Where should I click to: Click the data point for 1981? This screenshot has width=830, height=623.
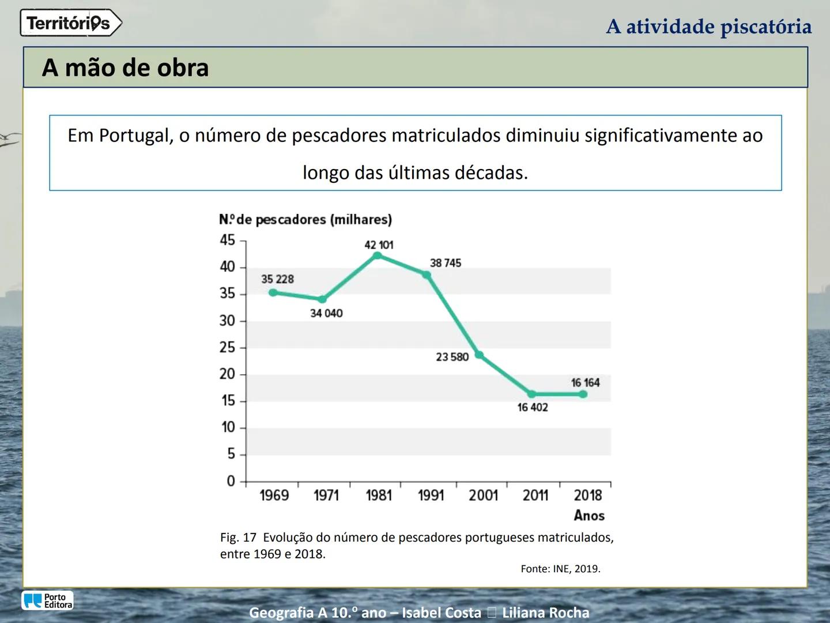[378, 256]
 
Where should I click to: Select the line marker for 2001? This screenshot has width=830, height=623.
[479, 355]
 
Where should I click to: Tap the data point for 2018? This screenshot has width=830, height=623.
[583, 394]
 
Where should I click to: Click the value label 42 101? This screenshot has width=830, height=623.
[379, 245]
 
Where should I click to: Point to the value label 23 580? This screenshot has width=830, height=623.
[452, 357]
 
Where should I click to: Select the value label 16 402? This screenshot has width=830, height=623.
[533, 407]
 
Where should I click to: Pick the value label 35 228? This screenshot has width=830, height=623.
[277, 279]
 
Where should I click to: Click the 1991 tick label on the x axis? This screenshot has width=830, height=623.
[431, 496]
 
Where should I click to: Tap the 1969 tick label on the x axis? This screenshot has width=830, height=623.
[274, 496]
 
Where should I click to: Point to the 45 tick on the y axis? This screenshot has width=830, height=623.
[228, 240]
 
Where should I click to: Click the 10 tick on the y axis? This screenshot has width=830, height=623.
[228, 427]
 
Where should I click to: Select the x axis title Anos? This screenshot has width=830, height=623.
[589, 516]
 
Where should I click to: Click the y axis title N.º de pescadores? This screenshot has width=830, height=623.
[305, 220]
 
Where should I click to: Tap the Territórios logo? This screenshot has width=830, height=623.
[70, 23]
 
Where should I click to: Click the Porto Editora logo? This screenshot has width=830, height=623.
[48, 601]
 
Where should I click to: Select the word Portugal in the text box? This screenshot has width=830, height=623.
[135, 136]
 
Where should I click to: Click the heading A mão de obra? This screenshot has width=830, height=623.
[125, 67]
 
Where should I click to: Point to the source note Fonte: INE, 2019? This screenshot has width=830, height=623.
[560, 569]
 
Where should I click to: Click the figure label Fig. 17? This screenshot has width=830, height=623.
[238, 538]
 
